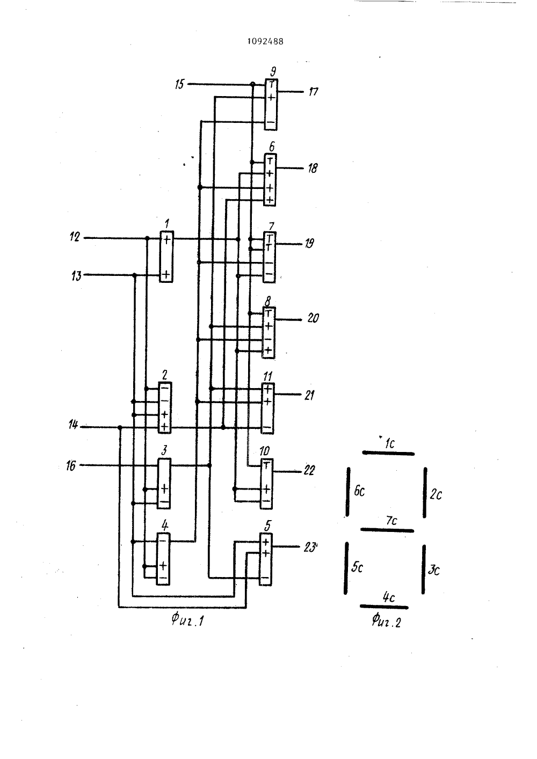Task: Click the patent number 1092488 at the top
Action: [x=265, y=41]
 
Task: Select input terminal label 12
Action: [x=75, y=237]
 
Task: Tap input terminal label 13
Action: [x=76, y=276]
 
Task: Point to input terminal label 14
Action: [x=73, y=424]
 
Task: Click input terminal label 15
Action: [x=180, y=84]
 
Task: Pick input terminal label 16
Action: [x=71, y=466]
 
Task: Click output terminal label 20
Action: [x=313, y=318]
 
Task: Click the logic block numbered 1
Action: [x=166, y=257]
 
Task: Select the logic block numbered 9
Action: [x=271, y=104]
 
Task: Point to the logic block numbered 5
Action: [x=265, y=559]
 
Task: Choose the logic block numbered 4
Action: [x=163, y=559]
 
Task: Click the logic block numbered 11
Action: [x=267, y=408]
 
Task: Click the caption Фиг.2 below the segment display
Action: [x=386, y=621]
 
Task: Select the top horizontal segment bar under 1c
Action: [x=388, y=453]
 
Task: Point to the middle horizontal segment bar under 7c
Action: [x=387, y=530]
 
